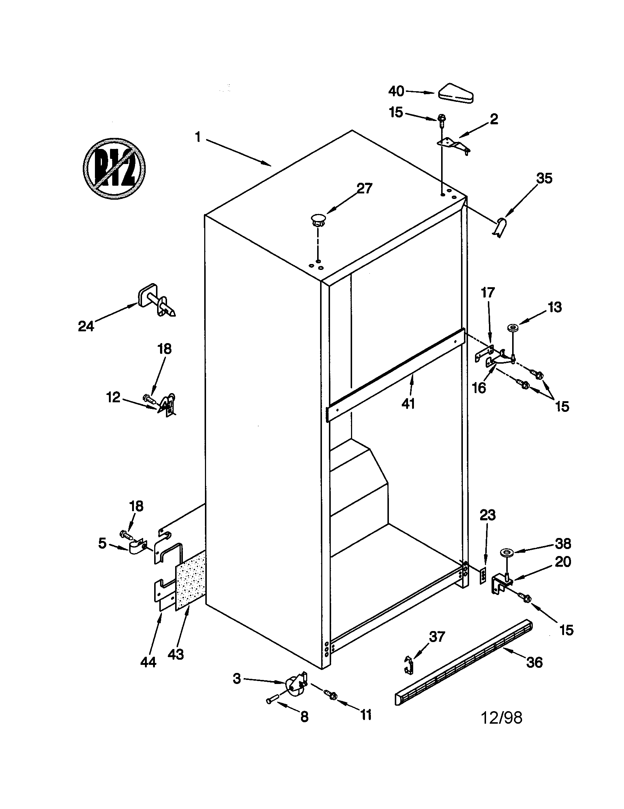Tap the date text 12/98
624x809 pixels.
coord(501,717)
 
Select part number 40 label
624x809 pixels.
coord(396,91)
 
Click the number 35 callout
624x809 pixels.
coord(544,178)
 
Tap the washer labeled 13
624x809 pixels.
coord(514,327)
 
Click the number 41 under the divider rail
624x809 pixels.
coord(408,403)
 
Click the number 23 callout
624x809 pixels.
coord(487,515)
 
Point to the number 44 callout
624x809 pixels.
coord(148,662)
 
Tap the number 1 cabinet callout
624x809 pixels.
coord(198,138)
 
